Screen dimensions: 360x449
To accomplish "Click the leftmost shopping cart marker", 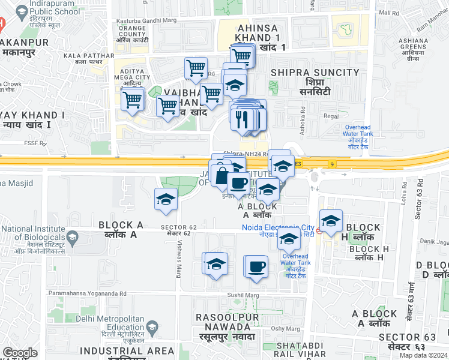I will pos(133,100).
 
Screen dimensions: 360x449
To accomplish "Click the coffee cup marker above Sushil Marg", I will pos(256,266).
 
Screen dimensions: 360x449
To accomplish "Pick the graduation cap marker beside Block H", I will pos(331,221).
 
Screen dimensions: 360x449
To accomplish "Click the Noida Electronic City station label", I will pos(278,227).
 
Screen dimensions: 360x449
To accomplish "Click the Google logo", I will pos(20,353).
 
